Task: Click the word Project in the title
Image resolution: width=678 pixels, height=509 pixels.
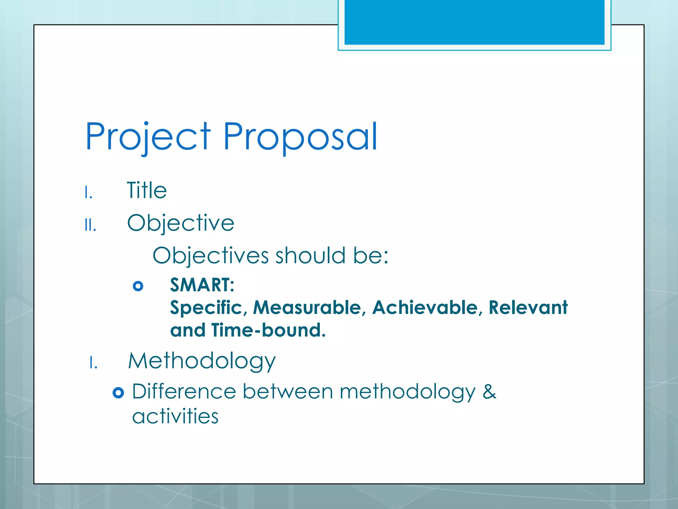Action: click(x=148, y=137)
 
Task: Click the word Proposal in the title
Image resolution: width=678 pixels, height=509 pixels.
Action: click(x=300, y=137)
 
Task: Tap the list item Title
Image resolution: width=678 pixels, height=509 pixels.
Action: click(x=147, y=191)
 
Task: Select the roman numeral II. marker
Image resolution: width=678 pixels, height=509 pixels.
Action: click(x=90, y=225)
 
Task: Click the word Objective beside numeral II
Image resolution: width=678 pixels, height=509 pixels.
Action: click(x=181, y=223)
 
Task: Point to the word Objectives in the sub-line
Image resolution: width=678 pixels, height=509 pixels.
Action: click(x=211, y=256)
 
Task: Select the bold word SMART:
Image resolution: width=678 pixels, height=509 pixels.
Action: click(x=202, y=285)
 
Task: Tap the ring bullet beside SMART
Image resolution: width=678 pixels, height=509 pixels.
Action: click(x=138, y=286)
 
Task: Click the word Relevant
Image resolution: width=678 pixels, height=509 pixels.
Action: click(x=528, y=308)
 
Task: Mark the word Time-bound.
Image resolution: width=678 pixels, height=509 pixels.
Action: click(x=268, y=330)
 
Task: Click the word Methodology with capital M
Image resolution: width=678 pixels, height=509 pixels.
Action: click(x=202, y=361)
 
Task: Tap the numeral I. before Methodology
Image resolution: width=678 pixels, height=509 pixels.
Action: click(x=93, y=363)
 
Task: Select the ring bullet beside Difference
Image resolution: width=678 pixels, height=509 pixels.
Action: click(x=118, y=393)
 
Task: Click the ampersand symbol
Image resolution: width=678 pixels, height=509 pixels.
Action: click(x=489, y=392)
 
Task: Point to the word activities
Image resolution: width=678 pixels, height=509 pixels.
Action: click(x=175, y=416)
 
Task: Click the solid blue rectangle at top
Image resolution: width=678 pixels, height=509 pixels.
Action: click(x=474, y=22)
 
